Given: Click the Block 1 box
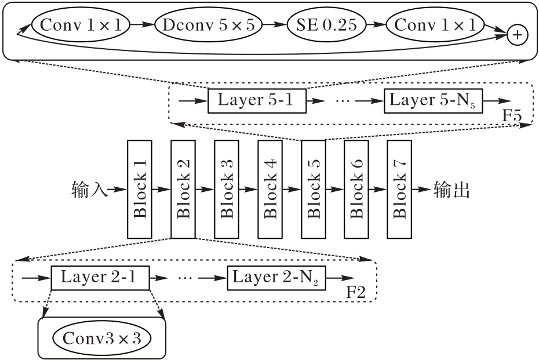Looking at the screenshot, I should pyautogui.click(x=139, y=189).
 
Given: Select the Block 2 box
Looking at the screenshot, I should pyautogui.click(x=183, y=189).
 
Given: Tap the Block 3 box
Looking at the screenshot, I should pyautogui.click(x=226, y=189).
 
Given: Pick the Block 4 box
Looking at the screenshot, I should pyautogui.click(x=269, y=189).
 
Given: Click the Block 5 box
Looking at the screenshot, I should pyautogui.click(x=313, y=189).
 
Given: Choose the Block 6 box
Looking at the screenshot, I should pyautogui.click(x=356, y=189).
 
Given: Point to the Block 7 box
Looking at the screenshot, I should pyautogui.click(x=399, y=189).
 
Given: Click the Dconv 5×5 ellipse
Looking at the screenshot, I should pyautogui.click(x=208, y=24).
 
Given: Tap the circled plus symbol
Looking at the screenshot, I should pyautogui.click(x=516, y=35).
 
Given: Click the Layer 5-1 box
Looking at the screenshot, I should pyautogui.click(x=257, y=101).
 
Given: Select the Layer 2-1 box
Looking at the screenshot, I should pyautogui.click(x=100, y=278).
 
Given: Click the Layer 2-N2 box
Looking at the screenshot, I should pyautogui.click(x=276, y=278).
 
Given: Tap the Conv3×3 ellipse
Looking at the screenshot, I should pyautogui.click(x=101, y=338).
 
